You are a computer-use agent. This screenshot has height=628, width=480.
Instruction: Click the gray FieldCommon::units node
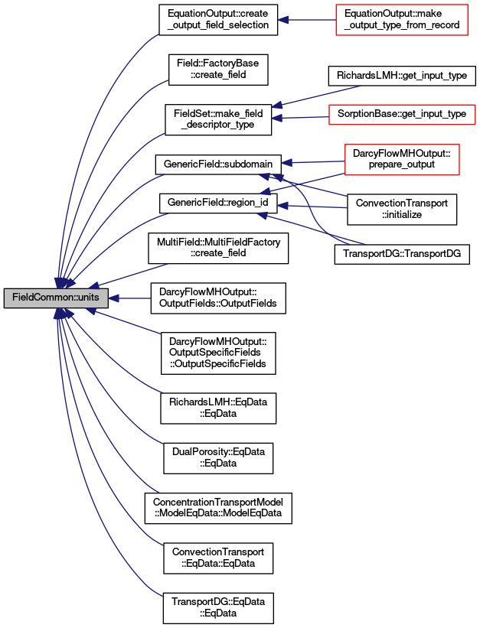pyautogui.click(x=56, y=298)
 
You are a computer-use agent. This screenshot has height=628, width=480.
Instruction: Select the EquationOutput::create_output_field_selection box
pyautogui.click(x=218, y=20)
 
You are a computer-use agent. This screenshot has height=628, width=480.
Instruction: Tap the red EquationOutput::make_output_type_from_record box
pyautogui.click(x=402, y=20)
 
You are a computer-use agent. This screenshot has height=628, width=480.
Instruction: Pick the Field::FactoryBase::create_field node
pyautogui.click(x=218, y=70)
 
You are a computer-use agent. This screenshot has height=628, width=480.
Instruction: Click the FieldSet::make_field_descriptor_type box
pyautogui.click(x=218, y=119)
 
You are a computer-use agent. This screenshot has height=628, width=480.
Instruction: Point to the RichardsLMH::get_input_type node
pyautogui.click(x=402, y=76)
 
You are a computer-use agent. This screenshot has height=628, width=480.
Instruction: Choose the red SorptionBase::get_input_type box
pyautogui.click(x=402, y=114)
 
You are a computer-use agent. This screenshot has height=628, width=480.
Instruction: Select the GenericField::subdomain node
pyautogui.click(x=218, y=164)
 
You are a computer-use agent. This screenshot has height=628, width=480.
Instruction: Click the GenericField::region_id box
pyautogui.click(x=218, y=203)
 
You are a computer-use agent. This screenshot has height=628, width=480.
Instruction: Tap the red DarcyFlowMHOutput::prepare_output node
pyautogui.click(x=402, y=159)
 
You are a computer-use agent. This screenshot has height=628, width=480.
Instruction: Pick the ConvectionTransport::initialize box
pyautogui.click(x=402, y=210)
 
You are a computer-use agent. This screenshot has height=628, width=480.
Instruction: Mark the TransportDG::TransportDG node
pyautogui.click(x=402, y=254)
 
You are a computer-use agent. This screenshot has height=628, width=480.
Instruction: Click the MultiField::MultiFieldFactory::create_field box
pyautogui.click(x=218, y=248)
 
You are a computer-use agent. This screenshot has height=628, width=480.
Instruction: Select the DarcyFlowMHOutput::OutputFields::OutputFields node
pyautogui.click(x=218, y=298)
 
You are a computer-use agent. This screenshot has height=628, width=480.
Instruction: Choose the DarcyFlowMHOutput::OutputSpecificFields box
pyautogui.click(x=218, y=353)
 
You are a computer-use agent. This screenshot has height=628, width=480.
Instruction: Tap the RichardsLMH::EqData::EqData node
pyautogui.click(x=218, y=408)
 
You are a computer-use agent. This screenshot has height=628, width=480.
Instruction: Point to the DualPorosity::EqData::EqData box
pyautogui.click(x=218, y=458)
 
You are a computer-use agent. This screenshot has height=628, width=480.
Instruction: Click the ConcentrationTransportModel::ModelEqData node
pyautogui.click(x=218, y=508)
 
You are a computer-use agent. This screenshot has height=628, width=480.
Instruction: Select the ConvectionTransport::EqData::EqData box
pyautogui.click(x=218, y=558)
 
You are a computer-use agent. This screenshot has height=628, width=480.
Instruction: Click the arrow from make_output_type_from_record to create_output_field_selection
pyautogui.click(x=307, y=20)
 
